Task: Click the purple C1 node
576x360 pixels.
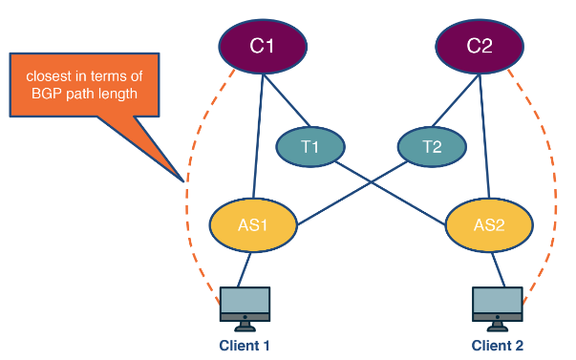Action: point(263,44)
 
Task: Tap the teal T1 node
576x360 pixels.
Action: point(309,146)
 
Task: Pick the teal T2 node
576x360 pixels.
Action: point(432,146)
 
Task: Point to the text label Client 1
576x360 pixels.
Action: point(245,345)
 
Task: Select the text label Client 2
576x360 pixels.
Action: point(497,345)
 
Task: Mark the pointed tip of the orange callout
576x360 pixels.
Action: point(181,180)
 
